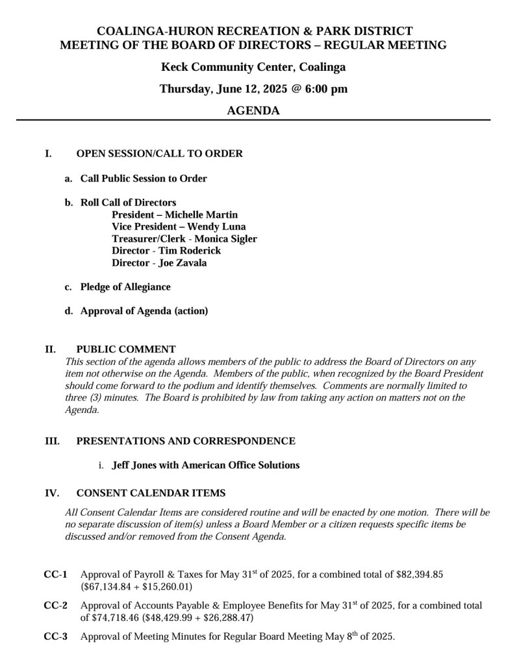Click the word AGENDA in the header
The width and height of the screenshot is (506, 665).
pos(253,111)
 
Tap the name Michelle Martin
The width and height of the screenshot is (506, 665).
pos(201,215)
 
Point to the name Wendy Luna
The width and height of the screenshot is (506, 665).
pos(216,227)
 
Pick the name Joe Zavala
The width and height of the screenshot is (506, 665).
pos(183,263)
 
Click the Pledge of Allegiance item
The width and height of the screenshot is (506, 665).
pos(125,287)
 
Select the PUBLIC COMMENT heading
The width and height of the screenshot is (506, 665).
pos(126,349)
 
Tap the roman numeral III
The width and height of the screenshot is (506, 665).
pos(52,441)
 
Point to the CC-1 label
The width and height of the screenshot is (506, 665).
pos(55,575)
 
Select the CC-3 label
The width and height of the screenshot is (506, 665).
pos(55,636)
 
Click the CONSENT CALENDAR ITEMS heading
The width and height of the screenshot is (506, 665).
pos(151,493)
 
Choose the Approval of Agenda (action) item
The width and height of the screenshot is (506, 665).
pos(144,311)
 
